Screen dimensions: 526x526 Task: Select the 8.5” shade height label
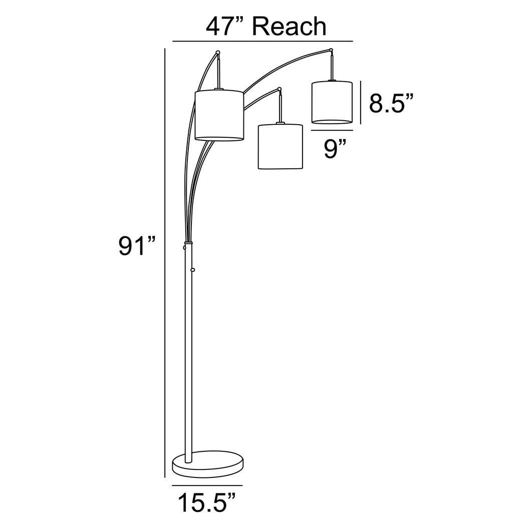coord(391,103)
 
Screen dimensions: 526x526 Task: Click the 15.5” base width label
coord(206,502)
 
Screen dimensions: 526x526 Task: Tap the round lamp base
coord(208,464)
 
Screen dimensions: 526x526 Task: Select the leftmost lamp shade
coord(219,115)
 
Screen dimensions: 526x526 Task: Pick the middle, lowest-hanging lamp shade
coord(280,146)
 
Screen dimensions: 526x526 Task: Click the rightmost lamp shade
coord(332,102)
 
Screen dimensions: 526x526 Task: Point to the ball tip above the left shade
coord(217,52)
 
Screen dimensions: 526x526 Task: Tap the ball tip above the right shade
coord(331,50)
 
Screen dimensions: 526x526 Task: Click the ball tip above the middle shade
coord(280,90)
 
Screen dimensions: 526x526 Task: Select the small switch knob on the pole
coord(192,271)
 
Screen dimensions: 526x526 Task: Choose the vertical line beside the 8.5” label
coord(360,102)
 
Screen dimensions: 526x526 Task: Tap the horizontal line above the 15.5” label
coord(207,485)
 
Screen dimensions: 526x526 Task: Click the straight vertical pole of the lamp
coord(188,351)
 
